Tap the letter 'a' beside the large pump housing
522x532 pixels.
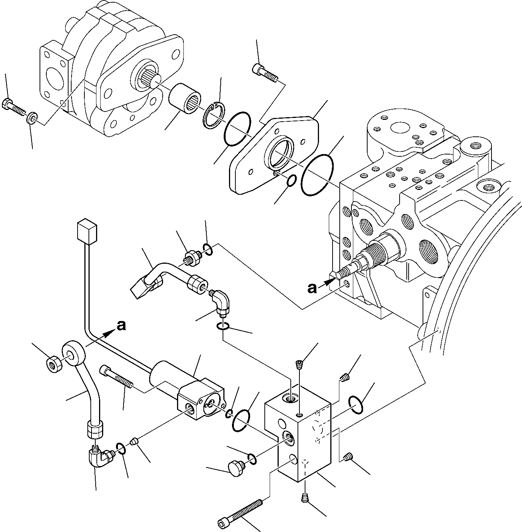[312, 288]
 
